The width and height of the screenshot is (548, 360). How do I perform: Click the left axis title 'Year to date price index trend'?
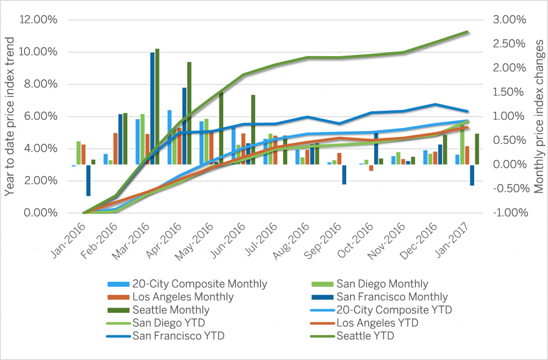point(10,116)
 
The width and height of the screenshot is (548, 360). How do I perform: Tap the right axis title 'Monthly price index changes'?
point(538,116)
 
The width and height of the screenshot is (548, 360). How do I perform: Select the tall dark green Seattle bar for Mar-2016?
point(157,107)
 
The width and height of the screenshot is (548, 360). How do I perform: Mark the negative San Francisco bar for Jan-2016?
point(88,180)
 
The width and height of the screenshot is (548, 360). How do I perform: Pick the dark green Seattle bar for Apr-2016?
point(189,113)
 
